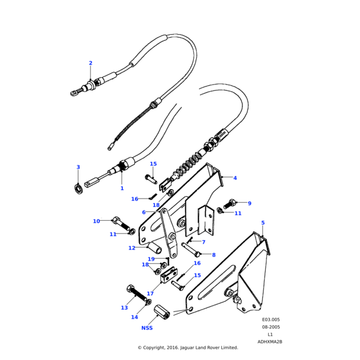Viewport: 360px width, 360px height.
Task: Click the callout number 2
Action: coord(91,63)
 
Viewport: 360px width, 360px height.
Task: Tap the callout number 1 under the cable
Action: coord(122,188)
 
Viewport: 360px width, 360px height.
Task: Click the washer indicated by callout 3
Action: coord(78,190)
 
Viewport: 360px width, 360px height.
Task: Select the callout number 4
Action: coord(235,178)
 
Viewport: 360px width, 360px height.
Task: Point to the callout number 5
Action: coord(263,223)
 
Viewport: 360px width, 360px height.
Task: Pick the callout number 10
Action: coord(96,221)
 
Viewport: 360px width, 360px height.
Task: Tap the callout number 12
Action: coord(131,248)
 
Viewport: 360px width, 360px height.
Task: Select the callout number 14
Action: coord(134,317)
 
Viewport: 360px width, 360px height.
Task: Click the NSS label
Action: coord(147,328)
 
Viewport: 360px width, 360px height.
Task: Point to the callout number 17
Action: coord(150,294)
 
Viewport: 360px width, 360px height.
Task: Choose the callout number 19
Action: coord(151,259)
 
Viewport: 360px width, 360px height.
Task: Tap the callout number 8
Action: coord(213,255)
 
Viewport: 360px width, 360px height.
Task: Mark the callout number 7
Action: coord(203,242)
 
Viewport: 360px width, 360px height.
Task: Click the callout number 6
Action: coord(144,212)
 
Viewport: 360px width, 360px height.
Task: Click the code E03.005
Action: coord(271,320)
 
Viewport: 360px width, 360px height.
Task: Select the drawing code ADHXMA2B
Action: coord(270,341)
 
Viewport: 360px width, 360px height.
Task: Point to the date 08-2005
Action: coord(271,327)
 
